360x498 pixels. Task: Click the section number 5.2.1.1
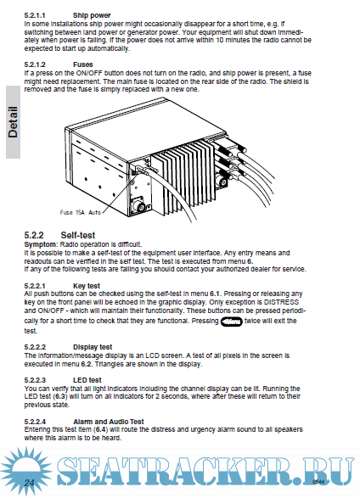[35, 15]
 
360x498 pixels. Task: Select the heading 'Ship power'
[92, 15]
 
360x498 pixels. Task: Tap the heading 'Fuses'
[83, 64]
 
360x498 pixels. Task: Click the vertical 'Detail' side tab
[13, 122]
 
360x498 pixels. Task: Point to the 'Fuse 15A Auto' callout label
[81, 212]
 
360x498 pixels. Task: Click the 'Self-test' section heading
[78, 235]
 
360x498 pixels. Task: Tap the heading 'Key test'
[87, 286]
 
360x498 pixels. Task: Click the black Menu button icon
[232, 322]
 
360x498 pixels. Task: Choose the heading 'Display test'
[93, 347]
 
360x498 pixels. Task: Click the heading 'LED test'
[87, 380]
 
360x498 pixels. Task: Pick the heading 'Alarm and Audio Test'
[109, 422]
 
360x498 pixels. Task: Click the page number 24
[29, 483]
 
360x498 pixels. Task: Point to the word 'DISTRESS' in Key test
[282, 302]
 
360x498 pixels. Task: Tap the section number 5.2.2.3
[35, 380]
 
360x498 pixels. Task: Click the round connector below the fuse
[140, 206]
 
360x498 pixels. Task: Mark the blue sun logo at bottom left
[26, 472]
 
